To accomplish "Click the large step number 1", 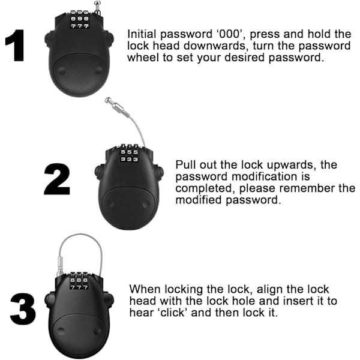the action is click(15, 45).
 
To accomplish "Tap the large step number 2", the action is click(57, 179).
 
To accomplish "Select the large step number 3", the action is click(23, 309).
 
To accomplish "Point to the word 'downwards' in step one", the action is click(215, 46).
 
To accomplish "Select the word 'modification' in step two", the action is click(271, 176).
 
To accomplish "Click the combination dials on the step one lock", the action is click(79, 19).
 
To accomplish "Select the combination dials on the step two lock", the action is click(129, 153).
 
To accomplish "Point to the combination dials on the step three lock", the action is click(79, 281).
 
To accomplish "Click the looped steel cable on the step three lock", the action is click(80, 235).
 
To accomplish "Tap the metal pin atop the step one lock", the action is click(97, 8).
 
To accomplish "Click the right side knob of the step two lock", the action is click(160, 172).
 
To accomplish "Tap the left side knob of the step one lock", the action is click(49, 38).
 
